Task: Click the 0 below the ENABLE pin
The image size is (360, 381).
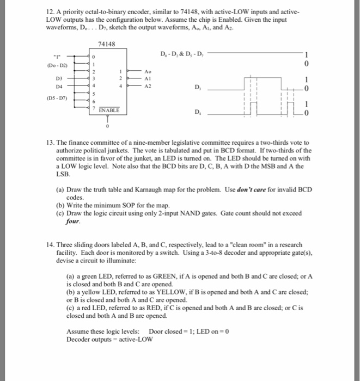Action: (109, 127)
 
